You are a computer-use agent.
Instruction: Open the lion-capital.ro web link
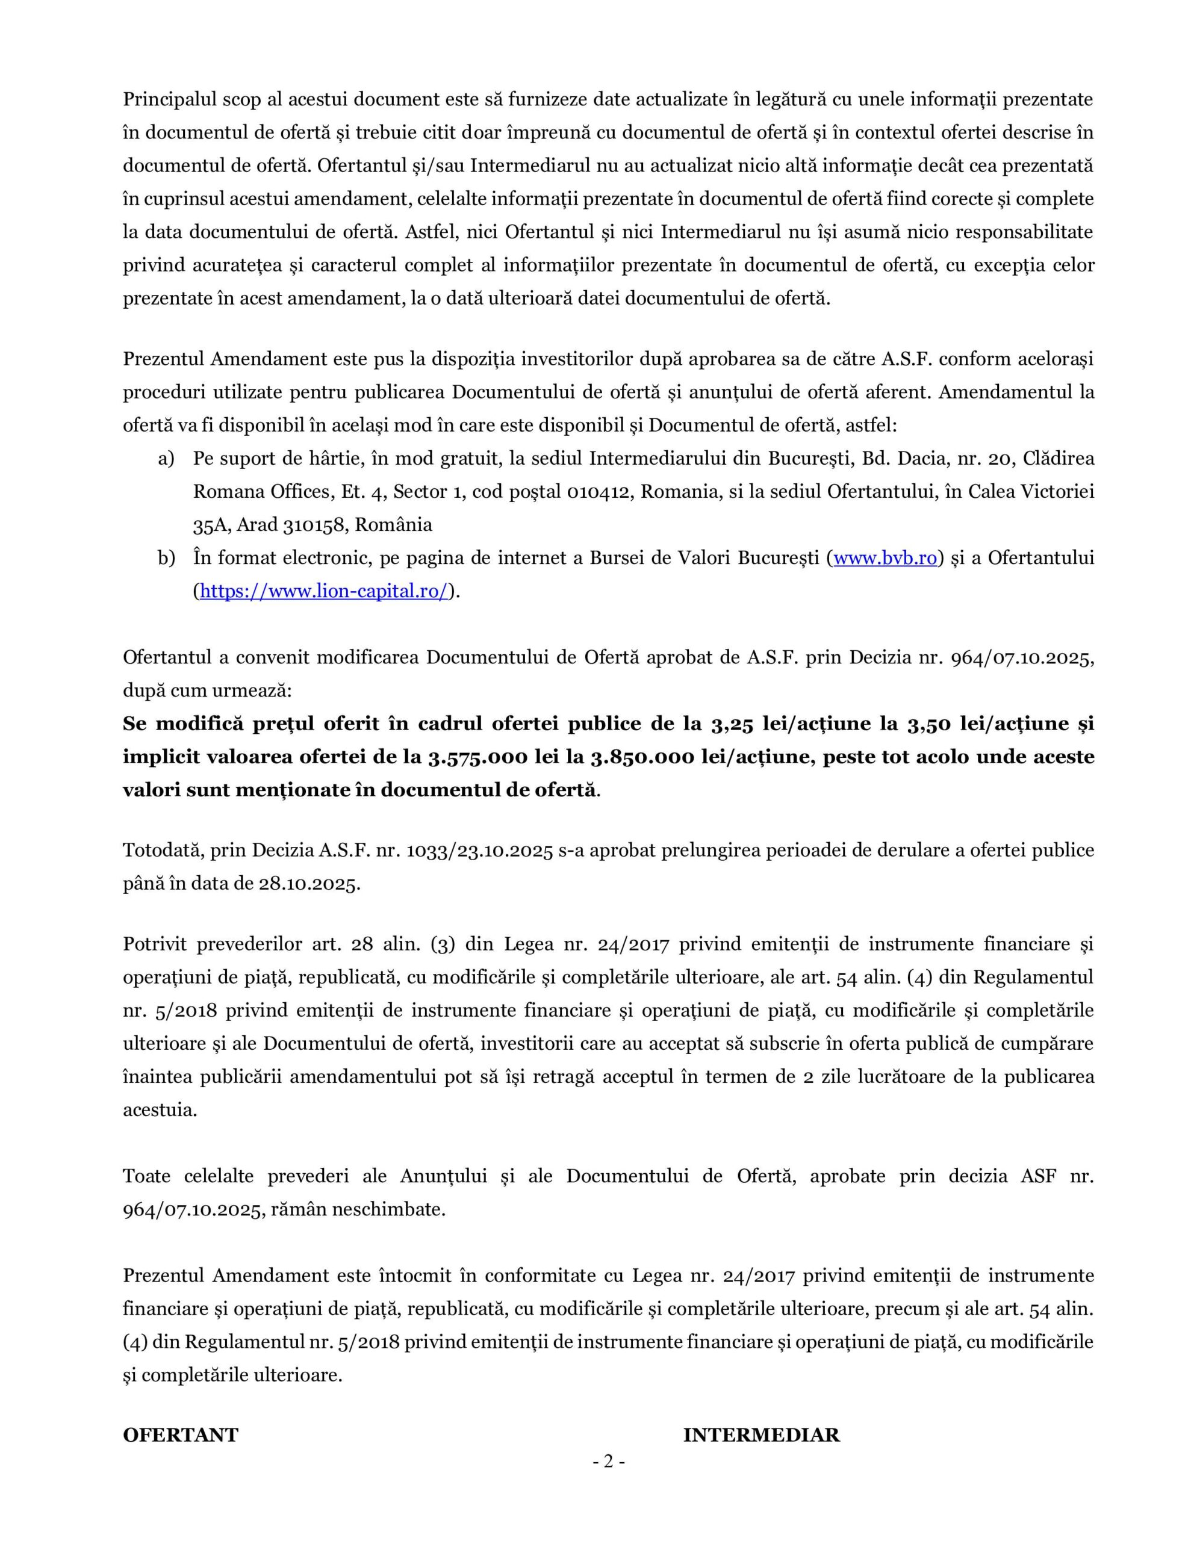[x=324, y=591]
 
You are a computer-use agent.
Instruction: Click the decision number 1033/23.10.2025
[x=479, y=850]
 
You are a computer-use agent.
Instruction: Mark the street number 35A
[x=210, y=525]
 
